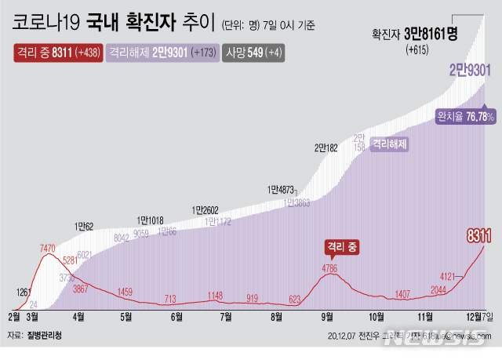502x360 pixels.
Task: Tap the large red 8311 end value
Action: tap(478, 235)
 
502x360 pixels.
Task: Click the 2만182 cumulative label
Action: tap(326, 147)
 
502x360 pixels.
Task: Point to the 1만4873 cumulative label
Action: tap(282, 189)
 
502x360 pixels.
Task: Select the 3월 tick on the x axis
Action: tap(32, 317)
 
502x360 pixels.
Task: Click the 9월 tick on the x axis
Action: tap(326, 317)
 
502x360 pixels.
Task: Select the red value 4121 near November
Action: tap(448, 276)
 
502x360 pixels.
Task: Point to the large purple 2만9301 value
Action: tap(469, 71)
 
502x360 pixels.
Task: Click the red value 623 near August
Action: tap(295, 298)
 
